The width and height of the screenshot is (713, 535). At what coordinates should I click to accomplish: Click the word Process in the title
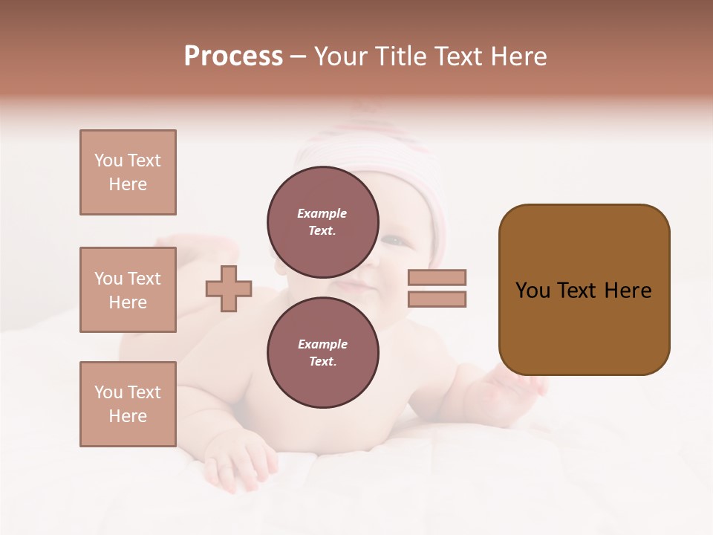[x=233, y=56]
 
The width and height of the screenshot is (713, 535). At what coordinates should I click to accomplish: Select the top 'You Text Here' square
[x=128, y=172]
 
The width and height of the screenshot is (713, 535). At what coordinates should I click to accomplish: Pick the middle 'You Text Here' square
[x=128, y=290]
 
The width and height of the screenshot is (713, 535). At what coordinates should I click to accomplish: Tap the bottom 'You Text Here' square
[x=128, y=403]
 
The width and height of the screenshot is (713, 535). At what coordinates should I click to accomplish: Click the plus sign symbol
[x=229, y=288]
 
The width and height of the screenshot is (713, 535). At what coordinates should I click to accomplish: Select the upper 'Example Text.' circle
[x=322, y=222]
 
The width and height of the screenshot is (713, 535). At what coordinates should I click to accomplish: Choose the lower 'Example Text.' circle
[x=322, y=353]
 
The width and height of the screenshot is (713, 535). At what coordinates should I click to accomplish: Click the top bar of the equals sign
[x=437, y=277]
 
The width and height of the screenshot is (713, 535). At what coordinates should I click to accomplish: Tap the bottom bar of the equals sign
[x=437, y=299]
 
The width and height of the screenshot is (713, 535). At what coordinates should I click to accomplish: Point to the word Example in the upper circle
[x=322, y=214]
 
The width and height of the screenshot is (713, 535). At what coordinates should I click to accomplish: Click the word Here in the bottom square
[x=128, y=416]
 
